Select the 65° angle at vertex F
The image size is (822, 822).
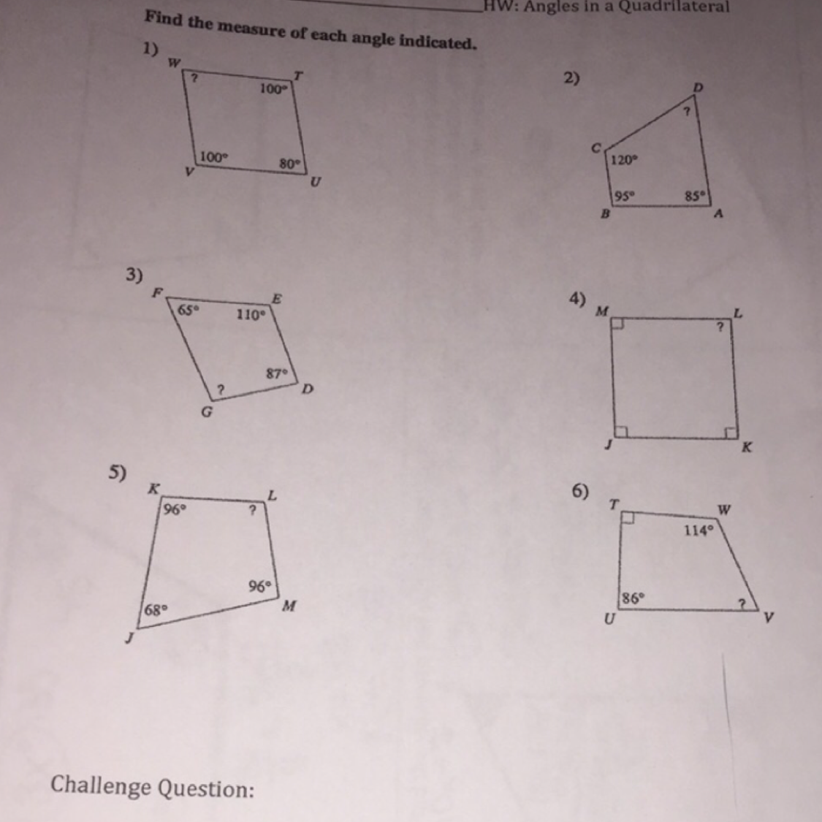pos(189,310)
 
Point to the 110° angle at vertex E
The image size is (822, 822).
pos(251,314)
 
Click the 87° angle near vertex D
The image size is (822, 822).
pos(277,374)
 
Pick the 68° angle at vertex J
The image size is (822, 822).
pos(156,609)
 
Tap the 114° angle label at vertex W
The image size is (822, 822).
pos(699,530)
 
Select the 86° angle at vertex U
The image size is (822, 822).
pos(633,598)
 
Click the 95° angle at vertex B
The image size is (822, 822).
pos(625,197)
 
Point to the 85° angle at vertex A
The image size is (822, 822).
pos(696,196)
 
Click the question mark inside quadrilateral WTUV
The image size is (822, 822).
pos(194,78)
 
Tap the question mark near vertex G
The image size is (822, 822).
pos(221,389)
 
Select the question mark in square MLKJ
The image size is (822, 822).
pos(720,327)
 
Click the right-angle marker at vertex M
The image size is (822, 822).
pos(617,324)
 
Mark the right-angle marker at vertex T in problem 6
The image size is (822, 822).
pos(627,518)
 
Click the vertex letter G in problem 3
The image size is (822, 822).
pos(207,412)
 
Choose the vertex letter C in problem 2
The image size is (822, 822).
pos(595,148)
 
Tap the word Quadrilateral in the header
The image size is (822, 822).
pos(674,7)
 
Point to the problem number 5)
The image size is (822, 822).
pos(118,472)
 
